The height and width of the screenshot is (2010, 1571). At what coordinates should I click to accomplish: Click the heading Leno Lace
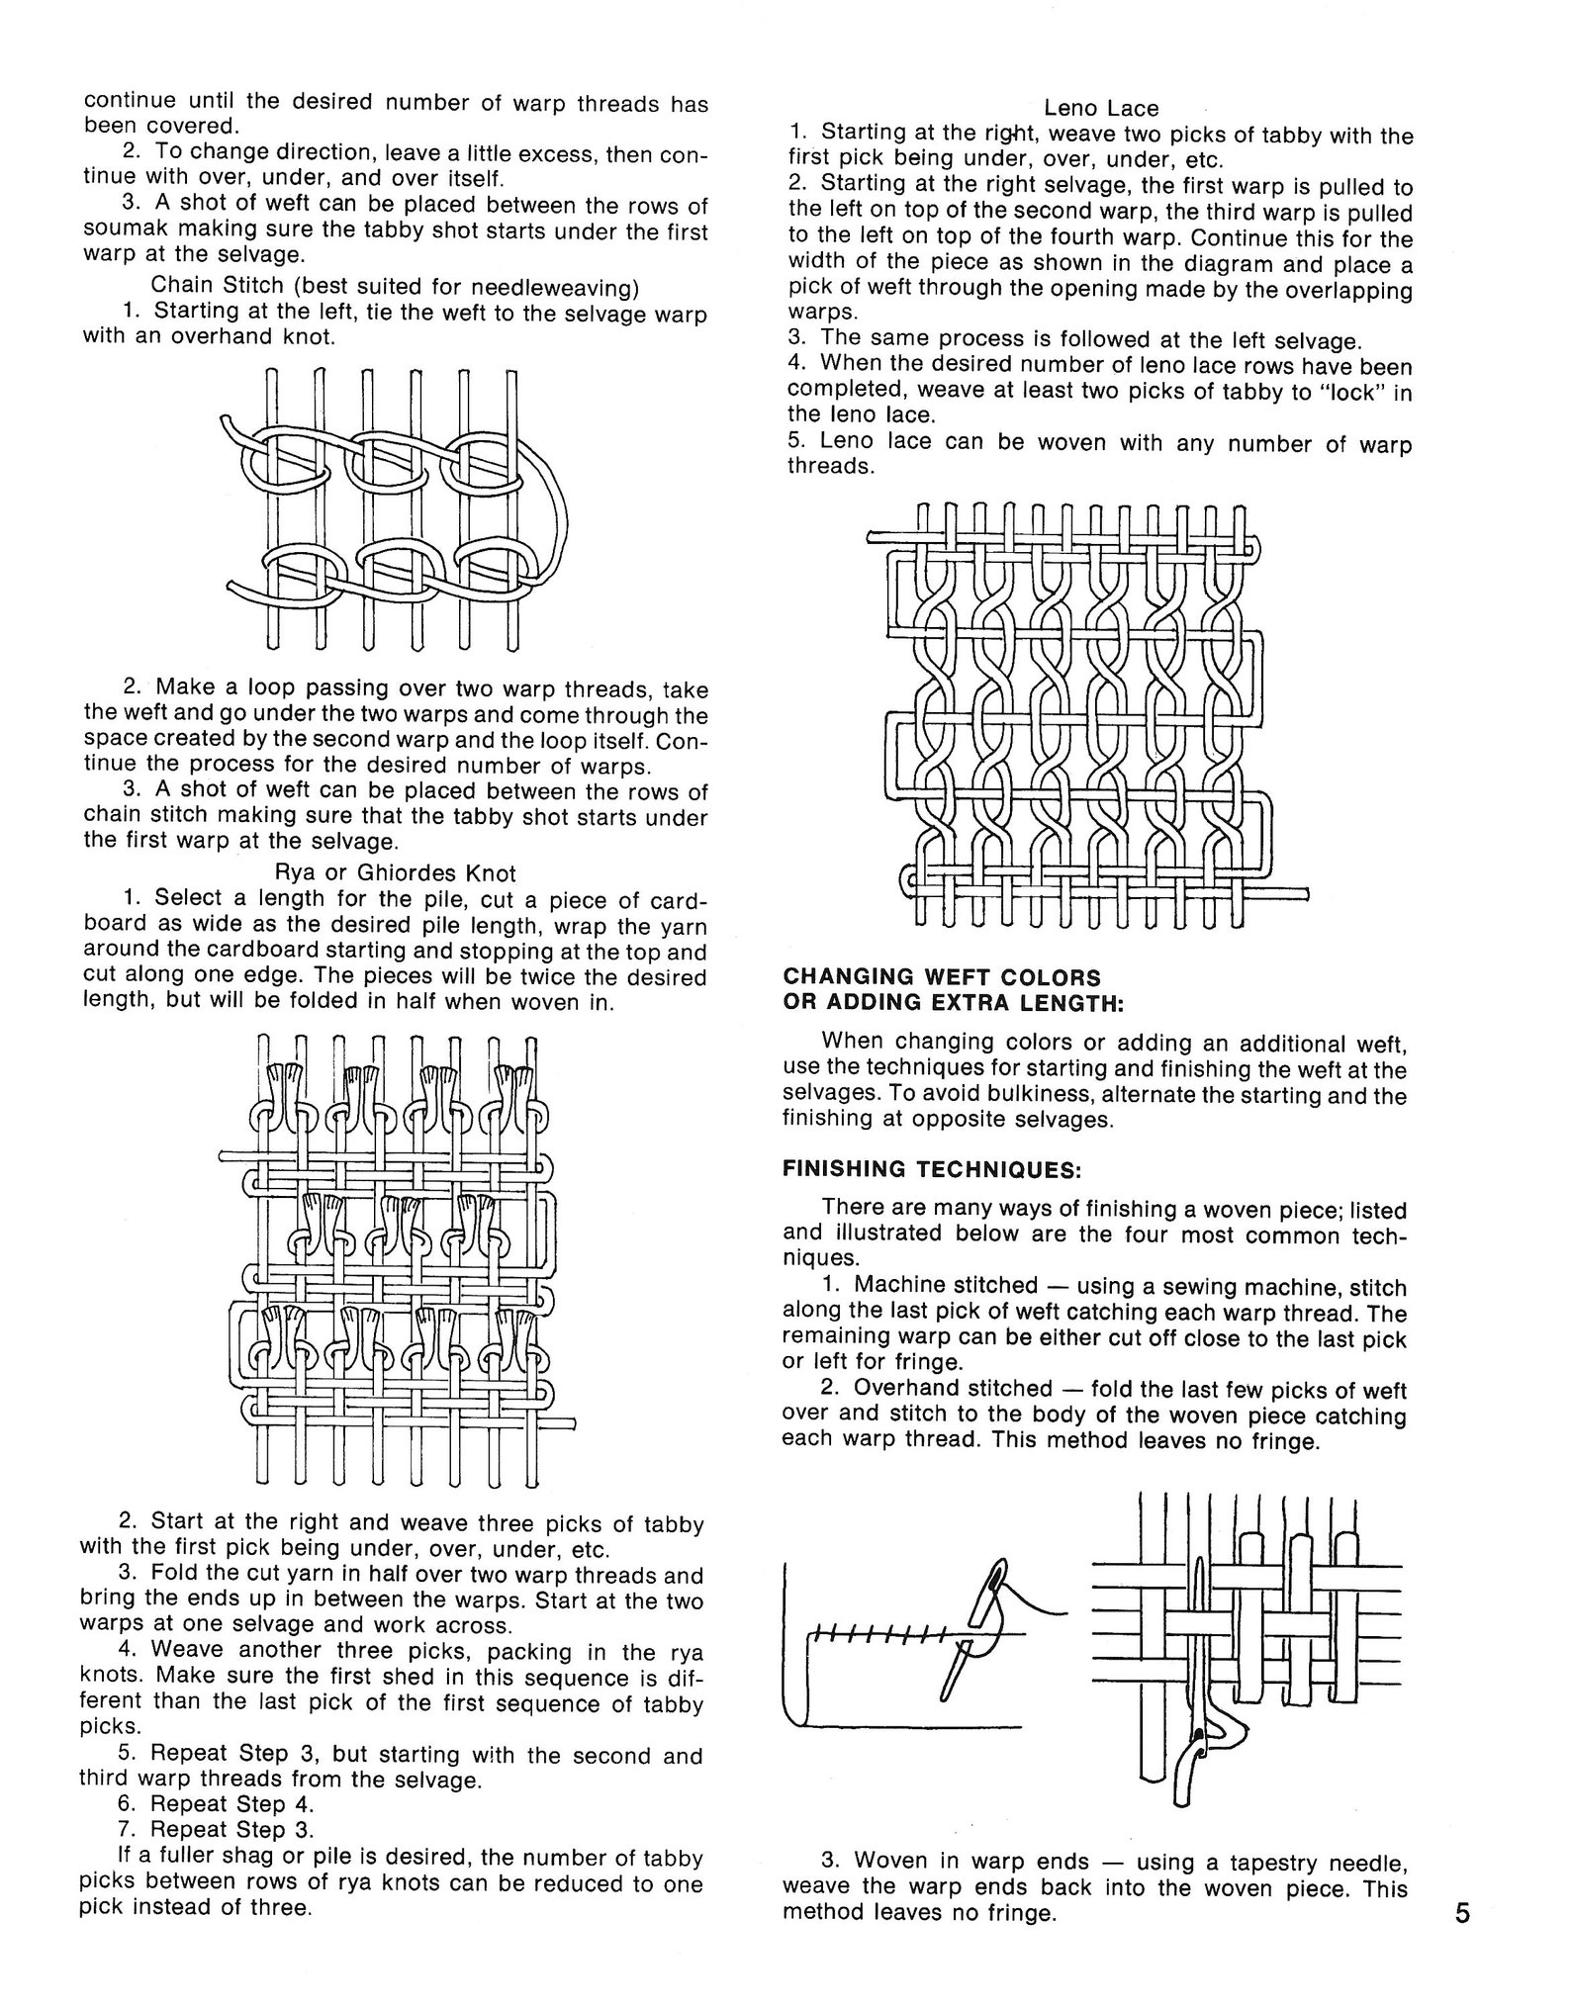(1100, 107)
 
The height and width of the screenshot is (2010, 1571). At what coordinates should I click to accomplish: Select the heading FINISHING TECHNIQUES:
(932, 1168)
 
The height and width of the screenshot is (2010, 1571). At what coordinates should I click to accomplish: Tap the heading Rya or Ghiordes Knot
(396, 872)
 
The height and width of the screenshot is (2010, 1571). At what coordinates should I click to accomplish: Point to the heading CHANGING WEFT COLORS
(941, 977)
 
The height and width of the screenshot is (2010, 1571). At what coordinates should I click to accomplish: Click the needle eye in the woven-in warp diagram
(1199, 1764)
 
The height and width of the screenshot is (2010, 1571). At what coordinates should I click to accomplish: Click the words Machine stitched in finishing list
(945, 1285)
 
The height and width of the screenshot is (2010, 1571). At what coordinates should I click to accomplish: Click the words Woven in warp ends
(971, 1863)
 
